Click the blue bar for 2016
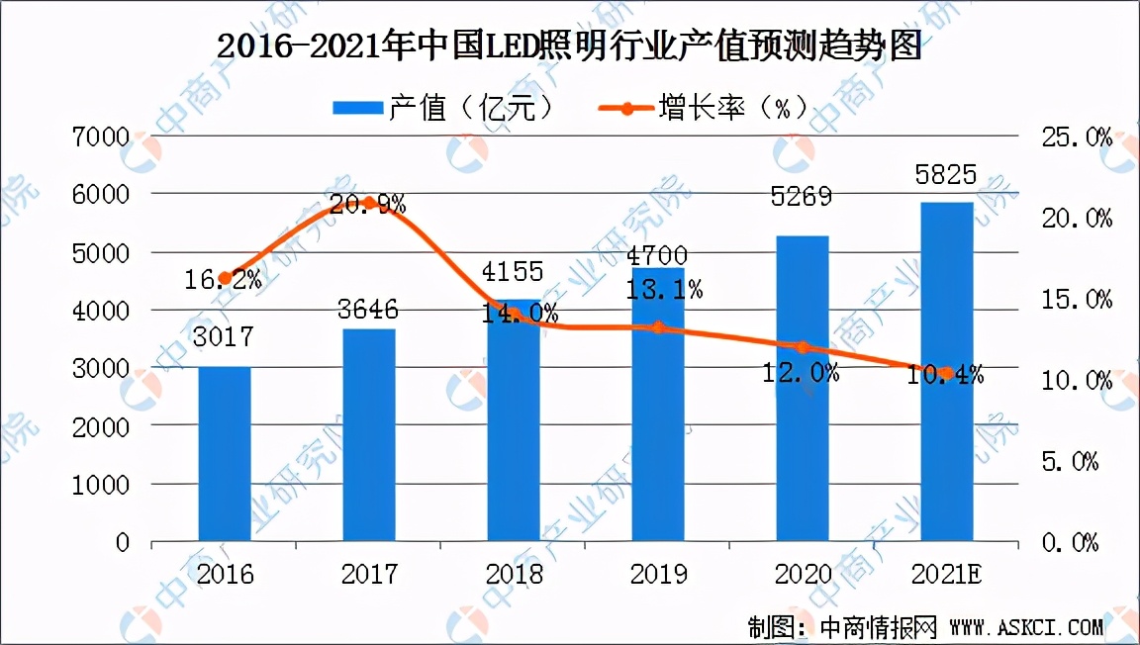point(225,454)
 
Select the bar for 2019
point(657,405)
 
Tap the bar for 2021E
point(947,372)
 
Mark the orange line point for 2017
point(369,204)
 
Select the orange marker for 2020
point(803,347)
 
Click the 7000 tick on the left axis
point(102,137)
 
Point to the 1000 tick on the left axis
point(102,485)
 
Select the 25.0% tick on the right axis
point(1071,138)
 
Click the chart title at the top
point(569,46)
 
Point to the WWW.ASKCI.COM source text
point(1025,626)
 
